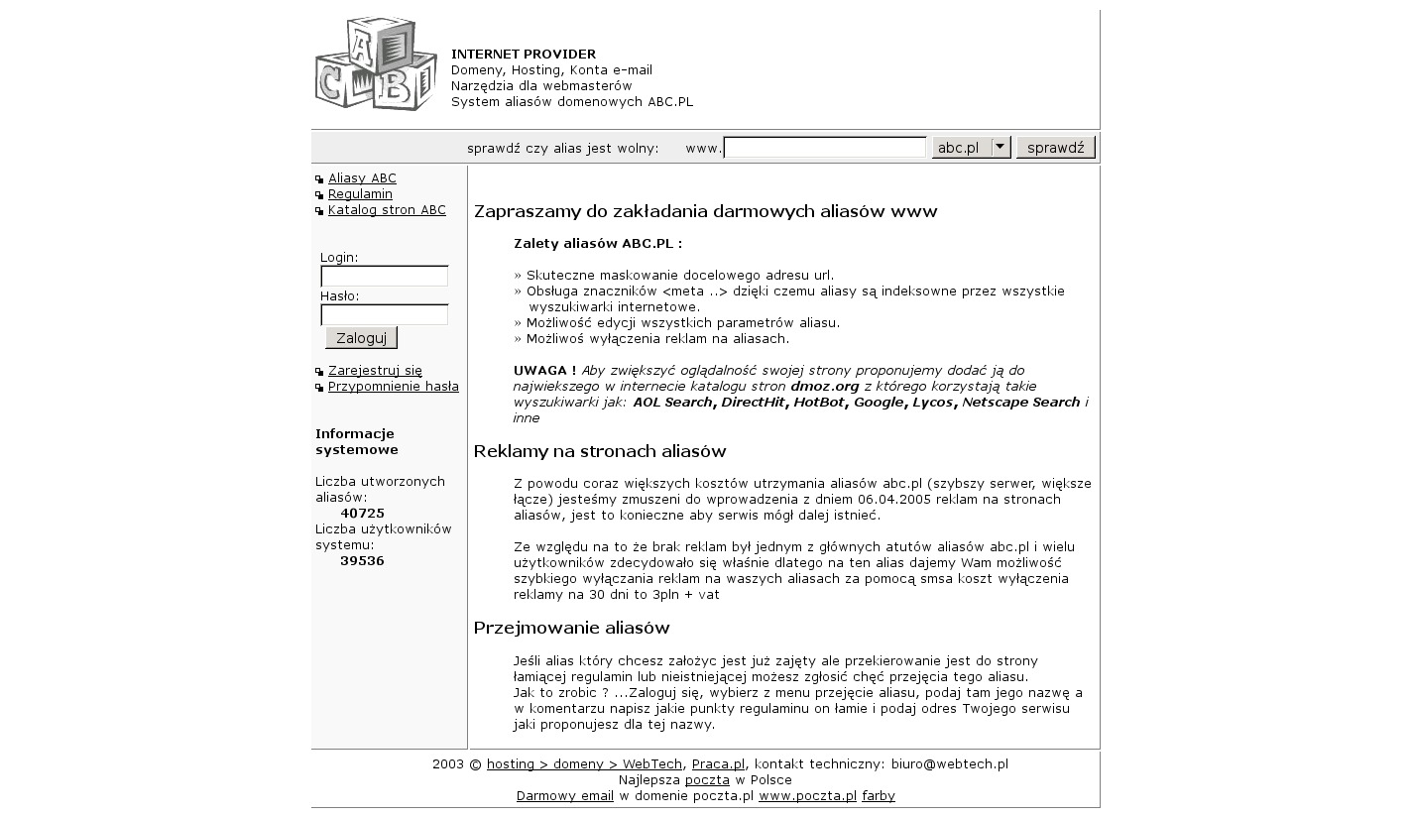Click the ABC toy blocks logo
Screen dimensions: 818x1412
pos(376,63)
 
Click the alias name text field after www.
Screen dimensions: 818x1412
pos(824,148)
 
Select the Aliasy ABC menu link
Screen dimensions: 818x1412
pos(362,178)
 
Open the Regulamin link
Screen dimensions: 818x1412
pos(360,194)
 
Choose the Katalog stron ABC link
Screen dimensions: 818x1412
pos(387,210)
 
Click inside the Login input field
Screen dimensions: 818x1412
pos(384,277)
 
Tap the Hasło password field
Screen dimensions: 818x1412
pos(384,315)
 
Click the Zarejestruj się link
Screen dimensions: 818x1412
pos(375,371)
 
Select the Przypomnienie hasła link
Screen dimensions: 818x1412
pos(393,387)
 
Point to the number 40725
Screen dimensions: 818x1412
pos(362,514)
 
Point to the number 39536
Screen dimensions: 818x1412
pos(362,561)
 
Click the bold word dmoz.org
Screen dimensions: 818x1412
pos(825,387)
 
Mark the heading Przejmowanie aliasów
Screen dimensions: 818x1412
pos(571,628)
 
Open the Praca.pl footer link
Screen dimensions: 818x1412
pos(718,764)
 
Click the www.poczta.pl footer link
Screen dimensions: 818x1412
pos(807,796)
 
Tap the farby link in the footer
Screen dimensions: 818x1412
pos(879,796)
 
